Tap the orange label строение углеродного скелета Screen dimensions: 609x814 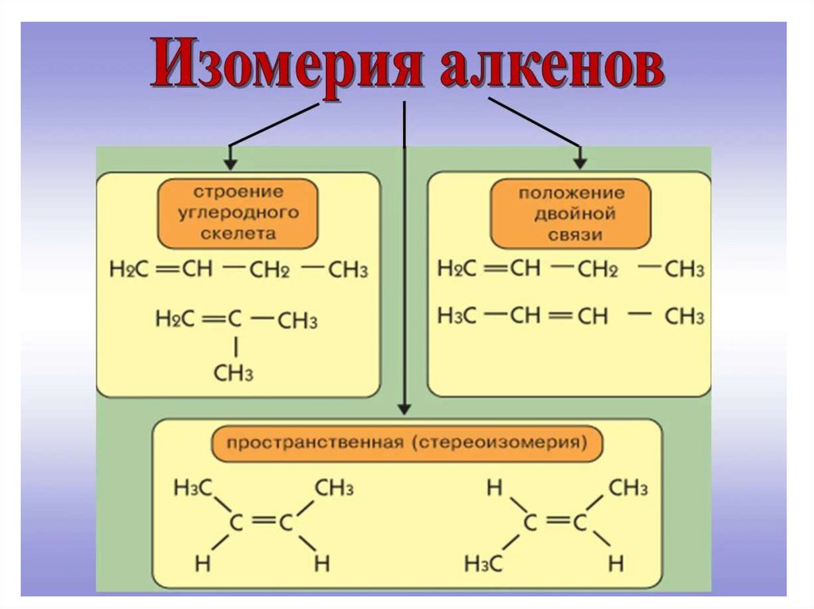237,213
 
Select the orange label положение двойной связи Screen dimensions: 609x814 572,214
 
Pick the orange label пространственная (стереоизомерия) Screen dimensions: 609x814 406,442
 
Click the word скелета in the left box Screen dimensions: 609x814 238,233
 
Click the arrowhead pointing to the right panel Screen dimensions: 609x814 580,163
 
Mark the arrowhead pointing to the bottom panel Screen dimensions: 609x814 405,408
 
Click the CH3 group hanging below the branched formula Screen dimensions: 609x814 234,373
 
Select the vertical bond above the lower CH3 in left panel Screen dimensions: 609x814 235,347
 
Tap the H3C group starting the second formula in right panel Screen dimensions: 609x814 457,316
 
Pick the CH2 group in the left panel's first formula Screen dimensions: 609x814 269,270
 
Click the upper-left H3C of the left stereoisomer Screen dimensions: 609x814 192,488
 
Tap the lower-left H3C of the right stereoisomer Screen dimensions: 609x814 485,564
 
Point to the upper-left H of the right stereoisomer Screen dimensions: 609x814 494,488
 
